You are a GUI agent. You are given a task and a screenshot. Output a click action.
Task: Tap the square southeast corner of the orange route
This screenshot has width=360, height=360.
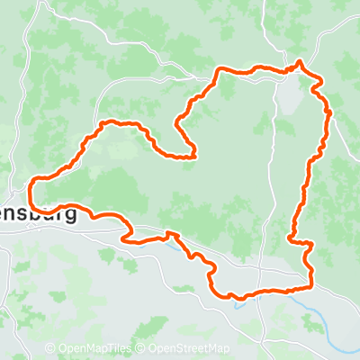tap(312, 287)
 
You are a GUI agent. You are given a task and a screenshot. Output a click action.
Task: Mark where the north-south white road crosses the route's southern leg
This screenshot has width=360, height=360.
tap(258, 292)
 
